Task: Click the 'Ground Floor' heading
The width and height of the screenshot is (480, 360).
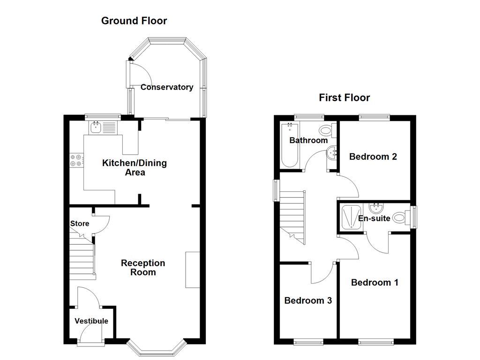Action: point(134,21)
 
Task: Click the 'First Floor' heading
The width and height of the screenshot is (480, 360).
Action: point(344,97)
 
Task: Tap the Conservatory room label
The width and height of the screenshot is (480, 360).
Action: point(167,87)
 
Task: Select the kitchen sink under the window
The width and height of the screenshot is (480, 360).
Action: point(97,127)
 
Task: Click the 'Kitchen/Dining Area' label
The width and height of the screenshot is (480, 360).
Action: point(135,168)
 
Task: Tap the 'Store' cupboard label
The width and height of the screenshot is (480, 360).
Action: point(80,224)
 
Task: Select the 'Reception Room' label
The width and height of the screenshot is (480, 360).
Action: point(143,268)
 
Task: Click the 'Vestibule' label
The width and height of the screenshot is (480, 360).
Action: point(91,321)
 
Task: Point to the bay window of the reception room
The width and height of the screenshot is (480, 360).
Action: point(157,349)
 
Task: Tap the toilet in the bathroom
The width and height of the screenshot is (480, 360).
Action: point(326,130)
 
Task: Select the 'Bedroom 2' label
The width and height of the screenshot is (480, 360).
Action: point(373,157)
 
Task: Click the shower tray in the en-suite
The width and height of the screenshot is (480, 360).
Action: point(351,217)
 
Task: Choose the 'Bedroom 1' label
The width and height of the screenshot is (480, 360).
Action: point(375,282)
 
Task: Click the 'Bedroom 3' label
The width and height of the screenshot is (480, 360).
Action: point(308,300)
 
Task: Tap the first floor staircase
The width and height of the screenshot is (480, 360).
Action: point(292,216)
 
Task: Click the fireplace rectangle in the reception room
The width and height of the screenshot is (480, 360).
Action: point(193,270)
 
